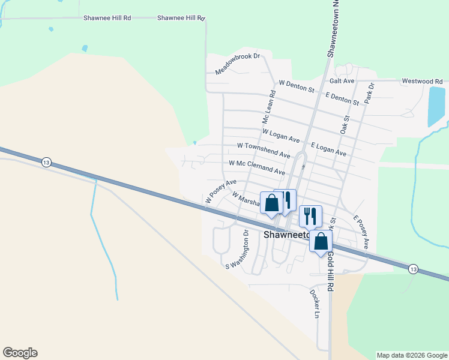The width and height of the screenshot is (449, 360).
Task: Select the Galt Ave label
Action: [342, 80]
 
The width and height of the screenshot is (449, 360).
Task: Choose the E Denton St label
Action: [342, 98]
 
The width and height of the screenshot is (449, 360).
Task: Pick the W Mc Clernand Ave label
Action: [257, 167]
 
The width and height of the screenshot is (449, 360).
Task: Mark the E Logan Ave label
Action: [329, 149]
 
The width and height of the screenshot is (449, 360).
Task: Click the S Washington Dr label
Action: [237, 249]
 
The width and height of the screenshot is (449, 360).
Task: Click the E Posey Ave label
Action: [361, 232]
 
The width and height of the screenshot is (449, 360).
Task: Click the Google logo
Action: [20, 353]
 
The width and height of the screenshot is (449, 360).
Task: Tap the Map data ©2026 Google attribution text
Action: [412, 355]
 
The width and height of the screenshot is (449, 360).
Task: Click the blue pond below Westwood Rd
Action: [436, 106]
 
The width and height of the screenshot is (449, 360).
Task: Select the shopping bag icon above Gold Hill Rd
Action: [321, 241]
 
